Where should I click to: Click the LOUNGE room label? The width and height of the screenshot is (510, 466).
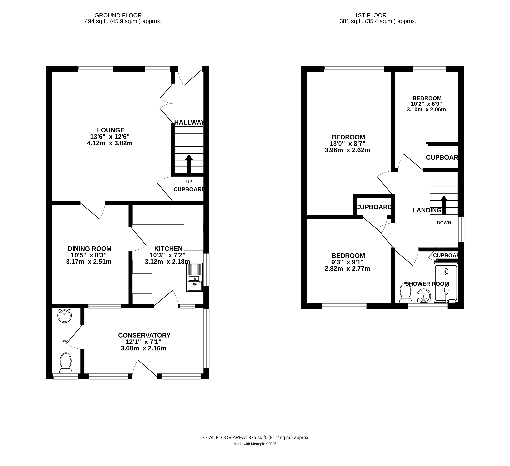111,130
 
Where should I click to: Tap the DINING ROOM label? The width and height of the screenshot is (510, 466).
90,249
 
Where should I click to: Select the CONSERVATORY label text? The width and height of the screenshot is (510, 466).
144,335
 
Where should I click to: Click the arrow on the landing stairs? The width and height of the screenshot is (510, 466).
444,205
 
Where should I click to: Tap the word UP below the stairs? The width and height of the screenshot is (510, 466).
189,181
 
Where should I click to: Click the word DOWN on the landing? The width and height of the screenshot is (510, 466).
444,223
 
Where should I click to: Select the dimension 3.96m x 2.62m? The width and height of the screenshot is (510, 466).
347,150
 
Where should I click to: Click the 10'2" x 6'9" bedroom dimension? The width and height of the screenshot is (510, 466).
426,104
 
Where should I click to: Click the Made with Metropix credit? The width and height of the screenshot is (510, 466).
255,444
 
